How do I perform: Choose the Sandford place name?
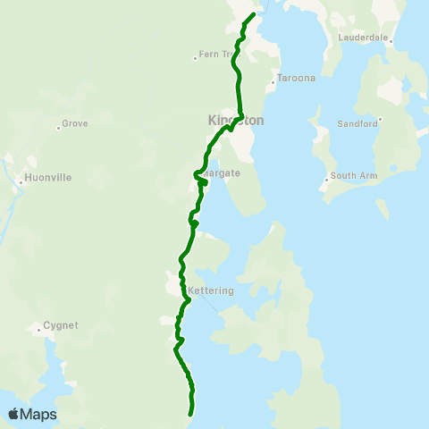tap(358, 124)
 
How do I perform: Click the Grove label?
tap(74, 123)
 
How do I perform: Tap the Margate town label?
tap(222, 172)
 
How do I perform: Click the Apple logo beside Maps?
tap(13, 414)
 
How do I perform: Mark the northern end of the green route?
tap(255, 14)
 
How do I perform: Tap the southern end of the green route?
tap(190, 414)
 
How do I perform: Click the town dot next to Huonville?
tap(21, 184)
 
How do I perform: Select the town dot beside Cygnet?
tap(39, 331)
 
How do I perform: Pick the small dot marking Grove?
tap(58, 128)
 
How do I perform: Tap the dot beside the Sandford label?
tap(380, 119)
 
